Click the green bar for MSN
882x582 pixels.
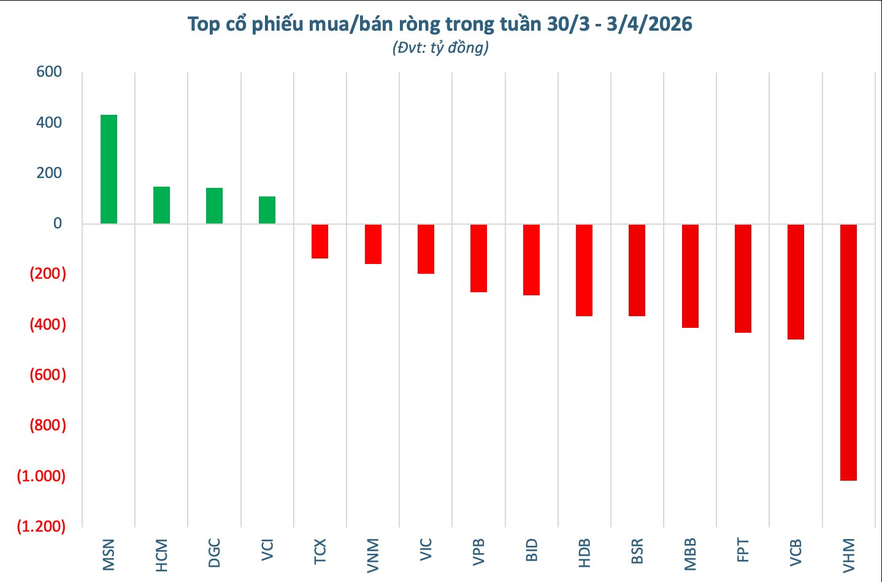tap(109, 169)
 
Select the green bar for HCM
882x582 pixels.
tap(161, 205)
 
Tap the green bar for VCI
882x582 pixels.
tap(267, 210)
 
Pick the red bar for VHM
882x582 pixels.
tap(848, 352)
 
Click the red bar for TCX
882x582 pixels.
tap(320, 241)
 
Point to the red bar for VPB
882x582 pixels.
tap(478, 258)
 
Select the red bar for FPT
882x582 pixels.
tap(743, 279)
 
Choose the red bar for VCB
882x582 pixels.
tap(796, 282)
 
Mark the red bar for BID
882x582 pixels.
tap(531, 260)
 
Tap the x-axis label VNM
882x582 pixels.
tap(372, 555)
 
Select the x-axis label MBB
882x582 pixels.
tap(689, 554)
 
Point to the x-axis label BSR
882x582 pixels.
tap(637, 551)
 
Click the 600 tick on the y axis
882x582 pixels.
tap(49, 72)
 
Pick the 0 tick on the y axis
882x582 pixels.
tap(57, 223)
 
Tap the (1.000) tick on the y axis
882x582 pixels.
tap(41, 476)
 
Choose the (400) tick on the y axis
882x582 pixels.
tap(48, 324)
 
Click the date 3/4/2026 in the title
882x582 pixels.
tap(649, 24)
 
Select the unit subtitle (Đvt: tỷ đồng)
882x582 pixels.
tap(440, 47)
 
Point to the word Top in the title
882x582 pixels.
tap(203, 24)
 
